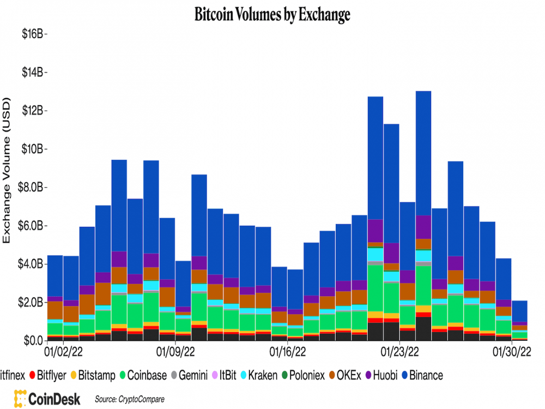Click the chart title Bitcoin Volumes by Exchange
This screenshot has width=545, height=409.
(x=272, y=15)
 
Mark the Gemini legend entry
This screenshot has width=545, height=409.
(x=191, y=375)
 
